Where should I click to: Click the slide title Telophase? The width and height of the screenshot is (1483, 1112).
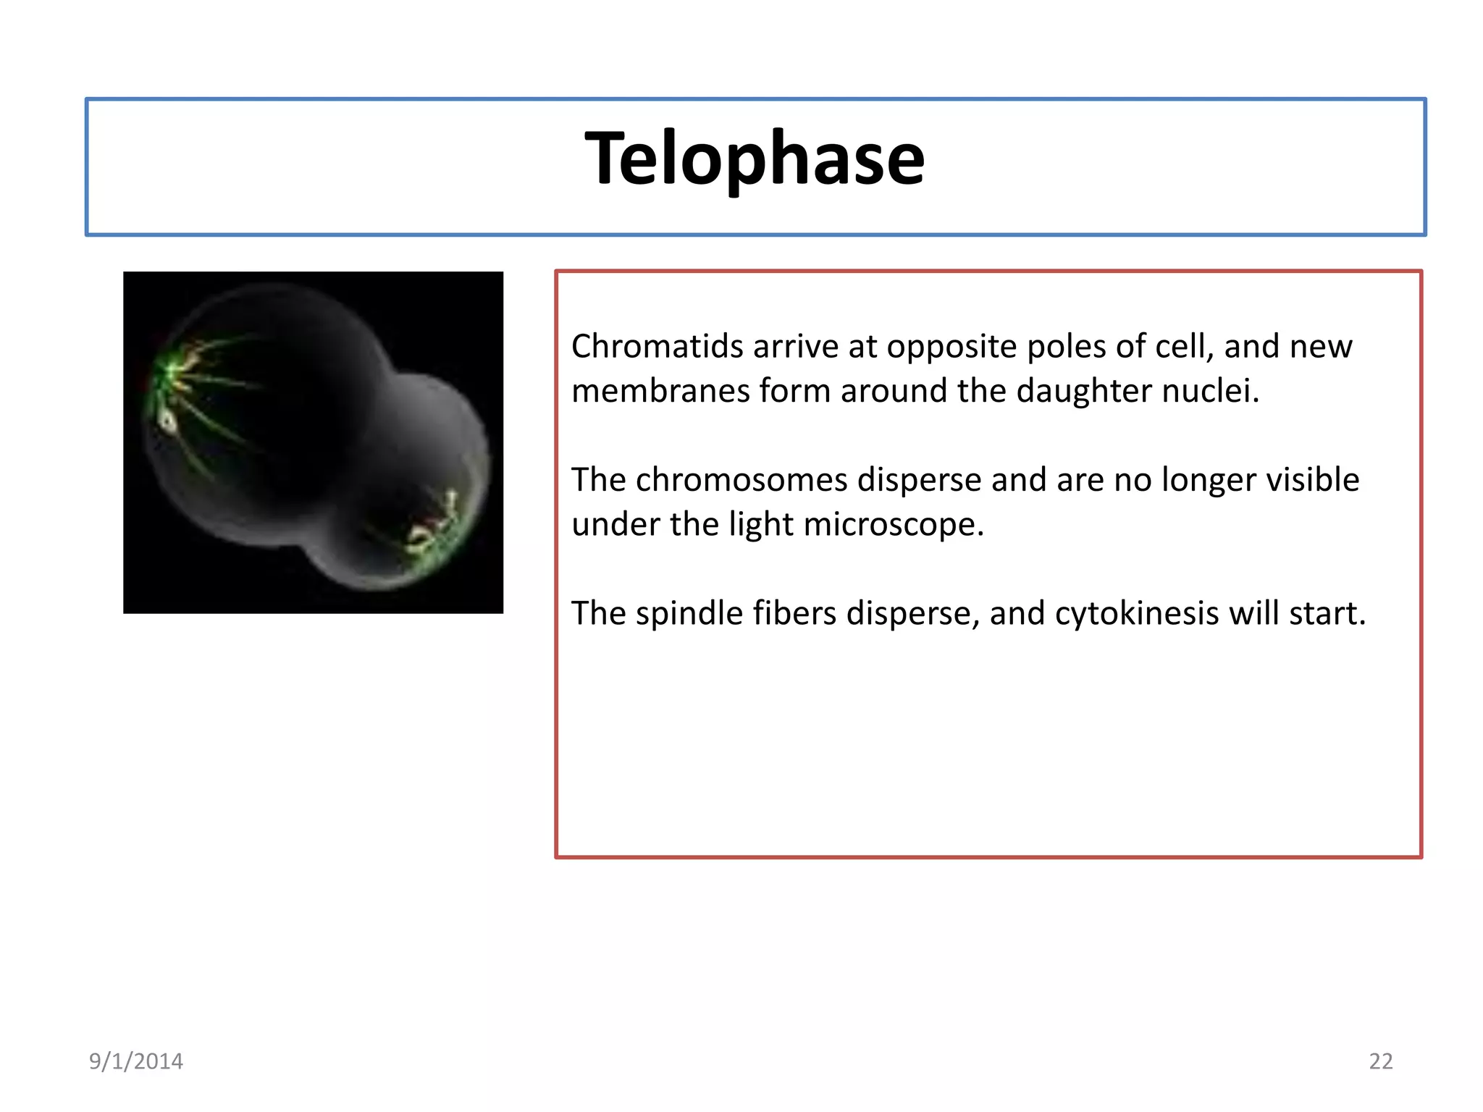tap(755, 159)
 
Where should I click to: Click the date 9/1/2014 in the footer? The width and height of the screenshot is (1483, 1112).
tap(136, 1061)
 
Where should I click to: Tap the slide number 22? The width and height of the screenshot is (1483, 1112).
tap(1380, 1061)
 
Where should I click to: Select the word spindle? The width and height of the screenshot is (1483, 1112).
tap(690, 613)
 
